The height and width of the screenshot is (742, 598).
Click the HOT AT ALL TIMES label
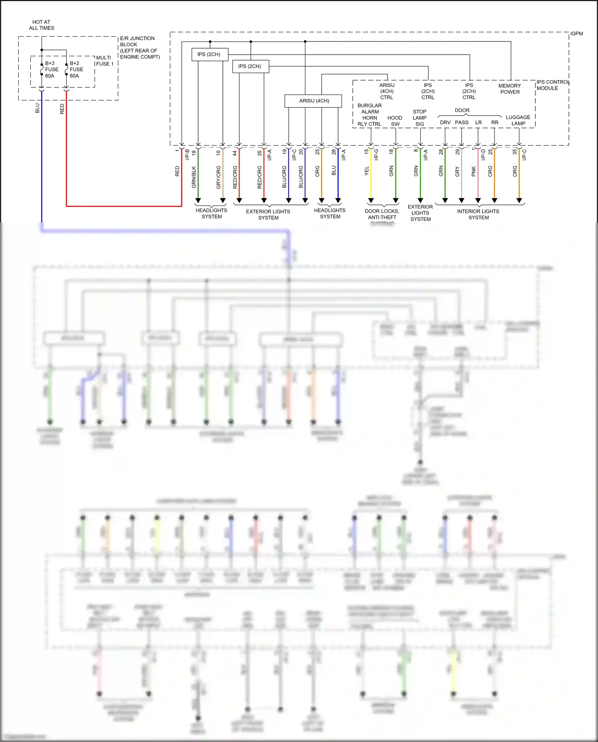pyautogui.click(x=41, y=25)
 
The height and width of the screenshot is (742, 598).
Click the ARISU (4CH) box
pyautogui.click(x=313, y=101)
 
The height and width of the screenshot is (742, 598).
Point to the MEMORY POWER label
pyautogui.click(x=509, y=89)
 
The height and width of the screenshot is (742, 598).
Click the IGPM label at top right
pyautogui.click(x=576, y=33)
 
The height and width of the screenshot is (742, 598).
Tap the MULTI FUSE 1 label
pyautogui.click(x=104, y=61)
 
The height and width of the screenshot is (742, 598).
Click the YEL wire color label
pyautogui.click(x=367, y=171)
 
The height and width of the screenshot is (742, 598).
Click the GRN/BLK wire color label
pyautogui.click(x=194, y=177)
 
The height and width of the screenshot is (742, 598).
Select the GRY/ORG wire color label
pyautogui.click(x=218, y=177)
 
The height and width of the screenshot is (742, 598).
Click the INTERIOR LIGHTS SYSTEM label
pyautogui.click(x=478, y=214)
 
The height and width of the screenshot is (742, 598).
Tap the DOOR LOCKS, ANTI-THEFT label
pyautogui.click(x=382, y=214)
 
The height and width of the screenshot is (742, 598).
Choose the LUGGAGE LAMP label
pyautogui.click(x=518, y=120)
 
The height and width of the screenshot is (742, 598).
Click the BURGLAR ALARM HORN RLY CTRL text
pyautogui.click(x=369, y=115)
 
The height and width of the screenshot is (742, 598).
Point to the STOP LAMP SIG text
pyautogui.click(x=419, y=118)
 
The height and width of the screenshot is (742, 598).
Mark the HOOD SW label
pyautogui.click(x=395, y=121)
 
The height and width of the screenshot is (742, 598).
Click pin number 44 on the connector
pyautogui.click(x=235, y=153)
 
